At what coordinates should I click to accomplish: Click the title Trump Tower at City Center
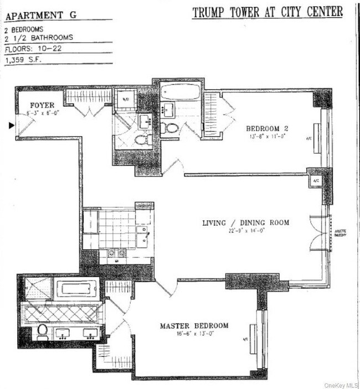(x=268, y=12)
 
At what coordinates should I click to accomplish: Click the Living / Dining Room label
(x=245, y=222)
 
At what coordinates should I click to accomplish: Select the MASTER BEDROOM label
(x=194, y=326)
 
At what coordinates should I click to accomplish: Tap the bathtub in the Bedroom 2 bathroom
(x=180, y=92)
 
